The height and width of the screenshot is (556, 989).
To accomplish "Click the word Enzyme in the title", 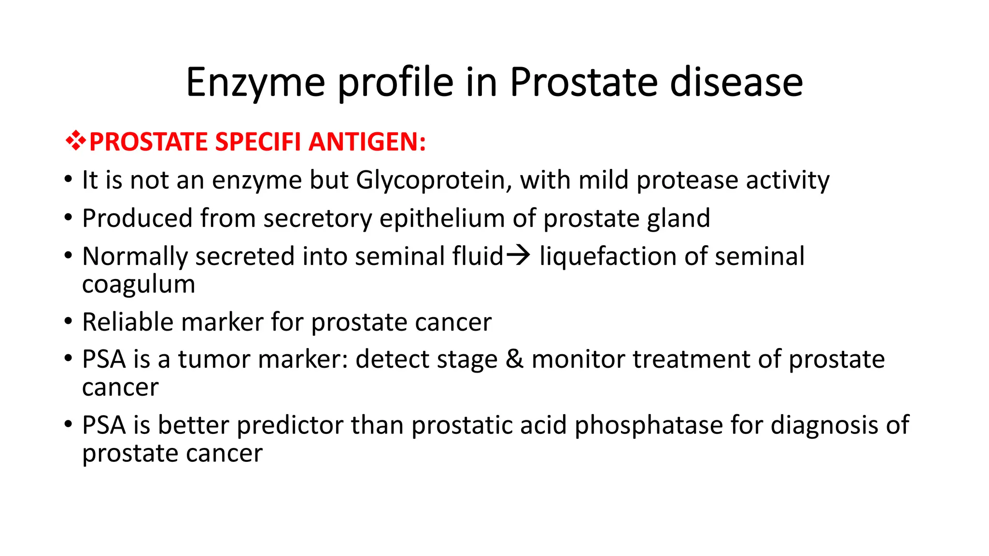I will pyautogui.click(x=255, y=83).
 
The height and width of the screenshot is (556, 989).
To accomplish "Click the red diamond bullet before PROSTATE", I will pyautogui.click(x=76, y=141).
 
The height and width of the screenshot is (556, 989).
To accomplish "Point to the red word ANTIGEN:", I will pyautogui.click(x=367, y=142).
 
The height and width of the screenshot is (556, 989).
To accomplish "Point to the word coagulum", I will pyautogui.click(x=139, y=284).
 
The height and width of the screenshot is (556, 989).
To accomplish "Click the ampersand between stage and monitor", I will pyautogui.click(x=514, y=359).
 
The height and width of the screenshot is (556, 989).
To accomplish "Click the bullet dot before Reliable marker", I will pyautogui.click(x=68, y=321).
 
